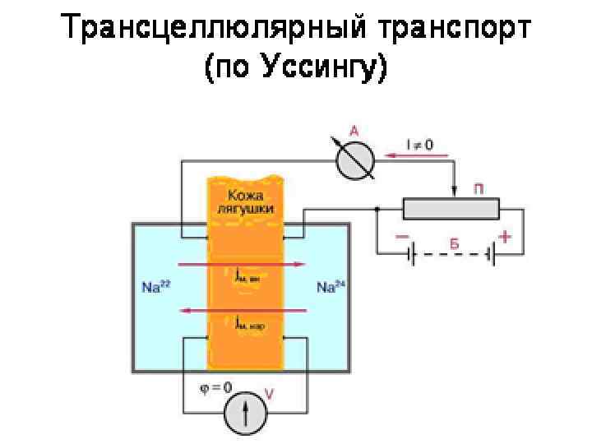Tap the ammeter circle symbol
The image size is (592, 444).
click(356, 156)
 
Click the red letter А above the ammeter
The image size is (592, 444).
click(354, 130)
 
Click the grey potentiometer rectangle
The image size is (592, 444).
click(451, 210)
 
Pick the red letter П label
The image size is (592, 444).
click(479, 190)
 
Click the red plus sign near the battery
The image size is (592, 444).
click(505, 236)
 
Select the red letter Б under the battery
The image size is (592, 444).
click(453, 244)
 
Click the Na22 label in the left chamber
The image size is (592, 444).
click(155, 287)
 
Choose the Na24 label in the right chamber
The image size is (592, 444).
click(331, 287)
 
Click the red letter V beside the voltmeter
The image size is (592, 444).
click(269, 394)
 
